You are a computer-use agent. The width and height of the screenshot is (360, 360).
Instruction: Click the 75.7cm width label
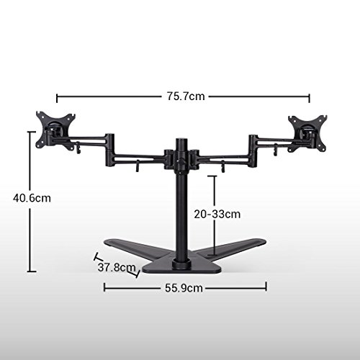(x=186, y=96)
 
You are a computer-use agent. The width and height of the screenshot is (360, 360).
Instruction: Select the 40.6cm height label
(x=32, y=198)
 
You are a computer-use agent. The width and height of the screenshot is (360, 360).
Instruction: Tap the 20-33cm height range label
(x=217, y=214)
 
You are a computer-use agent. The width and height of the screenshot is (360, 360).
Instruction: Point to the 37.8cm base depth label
(x=117, y=267)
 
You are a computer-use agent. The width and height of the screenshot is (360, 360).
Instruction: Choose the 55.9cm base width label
(x=184, y=288)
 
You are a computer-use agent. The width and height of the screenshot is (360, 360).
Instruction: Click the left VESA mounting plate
(x=55, y=131)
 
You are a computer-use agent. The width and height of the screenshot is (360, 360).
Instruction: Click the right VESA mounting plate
(x=307, y=133)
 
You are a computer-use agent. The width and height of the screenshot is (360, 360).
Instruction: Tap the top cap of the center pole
(x=181, y=140)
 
